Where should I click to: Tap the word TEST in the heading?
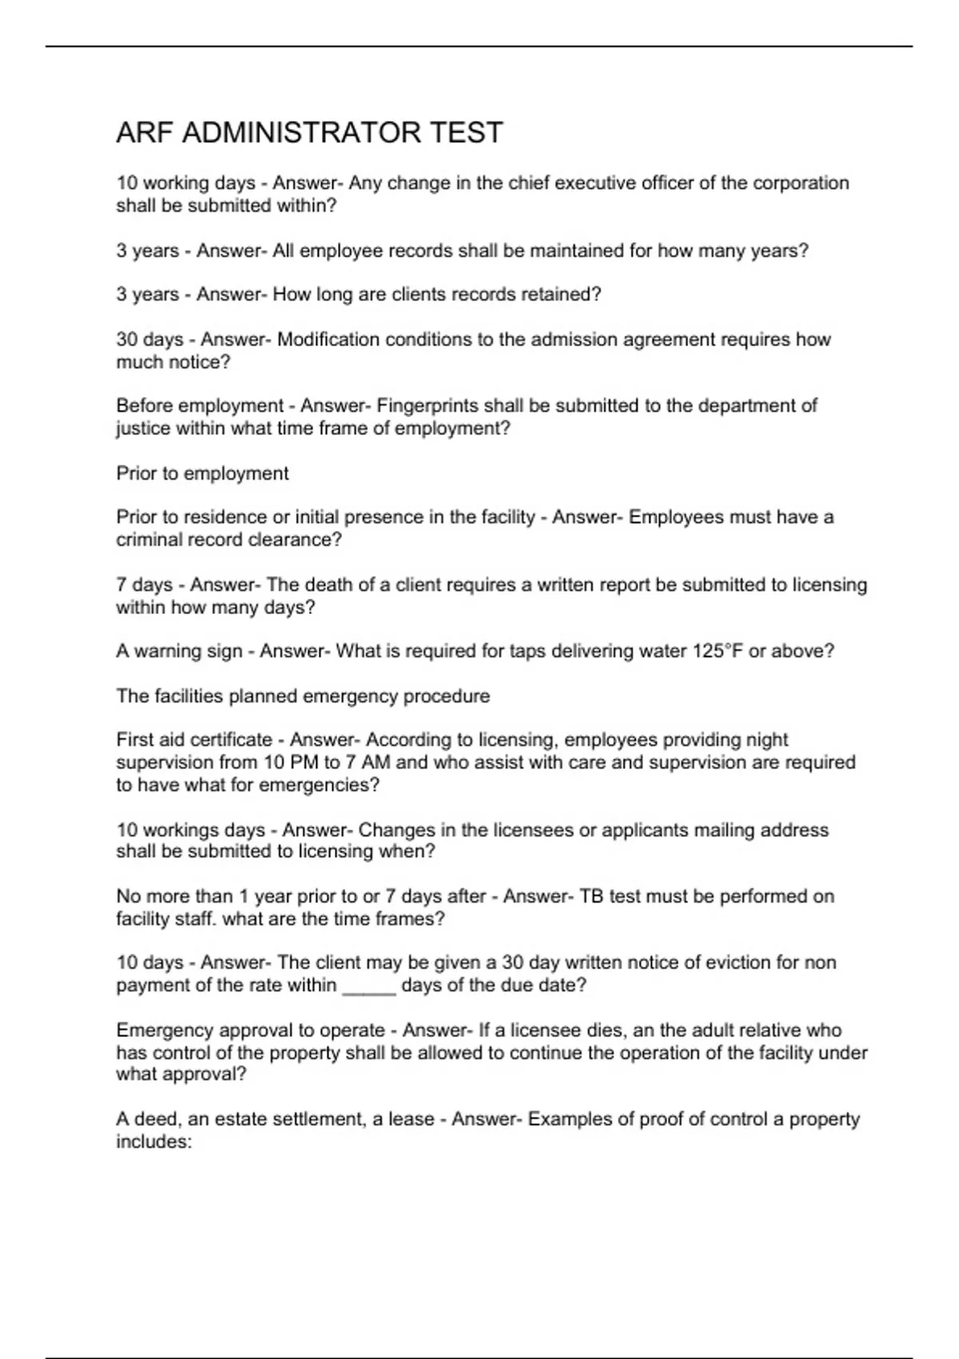466,133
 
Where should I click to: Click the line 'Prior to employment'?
202,473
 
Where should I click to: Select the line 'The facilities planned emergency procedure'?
303,696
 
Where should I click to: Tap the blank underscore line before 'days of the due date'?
369,986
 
